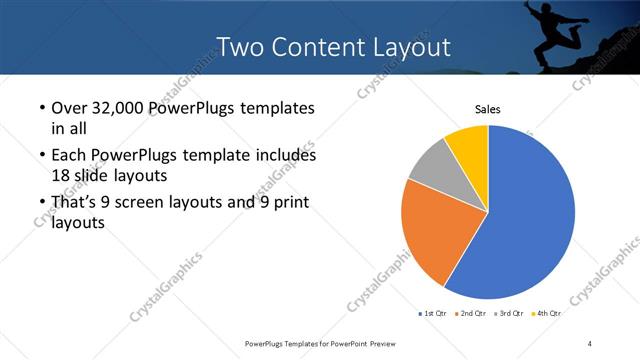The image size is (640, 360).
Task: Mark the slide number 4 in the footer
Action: click(590, 344)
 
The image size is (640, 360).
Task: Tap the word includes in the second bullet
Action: click(282, 157)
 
